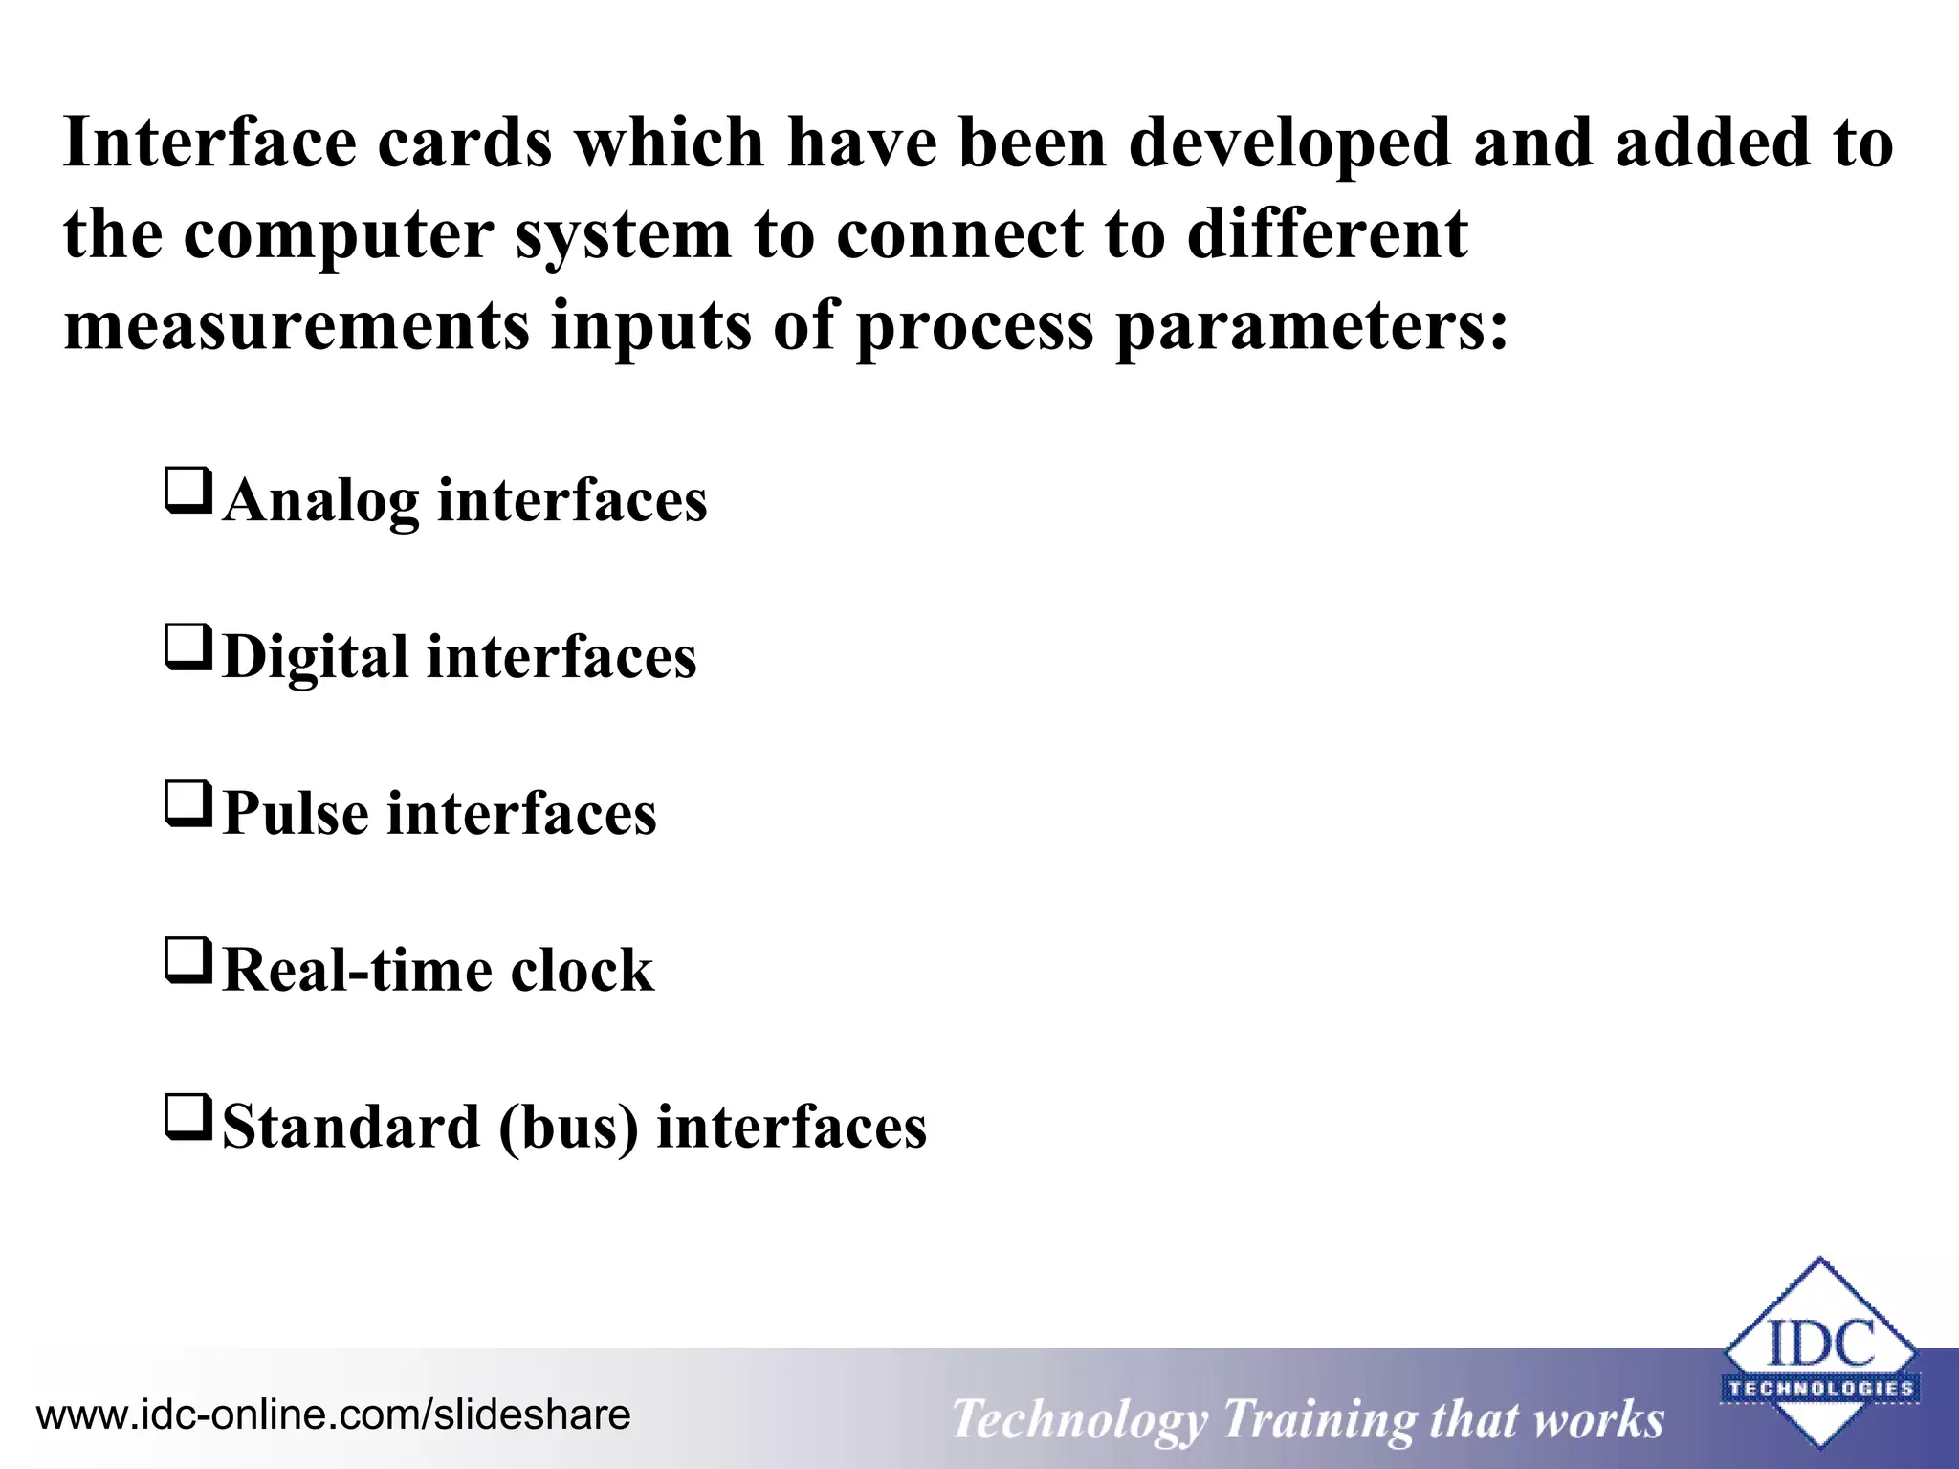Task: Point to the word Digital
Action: click(x=315, y=658)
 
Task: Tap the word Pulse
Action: click(x=296, y=814)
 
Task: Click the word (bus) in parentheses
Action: click(x=568, y=1128)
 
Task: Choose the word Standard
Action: click(x=351, y=1128)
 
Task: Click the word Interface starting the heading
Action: click(x=209, y=143)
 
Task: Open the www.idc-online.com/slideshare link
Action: click(x=333, y=1414)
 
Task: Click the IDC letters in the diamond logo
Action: click(x=1820, y=1344)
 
